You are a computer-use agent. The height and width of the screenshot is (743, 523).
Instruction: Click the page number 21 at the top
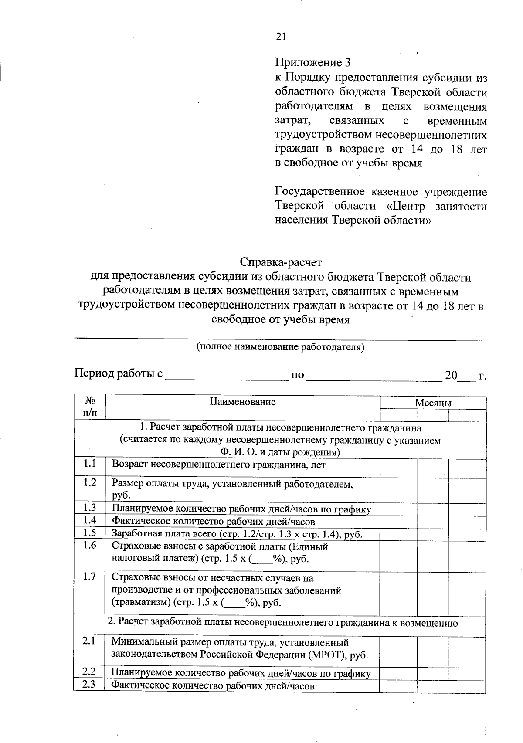coord(281,37)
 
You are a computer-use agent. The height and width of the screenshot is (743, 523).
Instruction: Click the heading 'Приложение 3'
coord(312,62)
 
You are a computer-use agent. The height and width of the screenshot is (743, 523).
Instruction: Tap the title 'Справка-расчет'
coord(281,262)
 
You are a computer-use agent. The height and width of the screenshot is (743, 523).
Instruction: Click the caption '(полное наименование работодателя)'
coord(280,347)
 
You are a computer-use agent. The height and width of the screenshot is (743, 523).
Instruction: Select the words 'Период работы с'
coord(119,373)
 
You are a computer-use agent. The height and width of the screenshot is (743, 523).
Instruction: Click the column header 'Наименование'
coord(243,402)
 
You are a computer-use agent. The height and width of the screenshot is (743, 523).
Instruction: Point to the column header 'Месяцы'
coord(433,403)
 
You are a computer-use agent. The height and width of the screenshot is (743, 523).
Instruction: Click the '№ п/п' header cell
coord(89,406)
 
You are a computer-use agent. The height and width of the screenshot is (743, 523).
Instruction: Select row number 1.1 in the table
coord(90,464)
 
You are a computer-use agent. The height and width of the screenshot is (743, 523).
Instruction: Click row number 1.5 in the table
coord(90,532)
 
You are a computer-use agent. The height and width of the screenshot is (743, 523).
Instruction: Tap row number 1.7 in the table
coord(90,577)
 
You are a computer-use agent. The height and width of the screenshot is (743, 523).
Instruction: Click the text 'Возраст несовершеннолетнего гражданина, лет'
coord(219,465)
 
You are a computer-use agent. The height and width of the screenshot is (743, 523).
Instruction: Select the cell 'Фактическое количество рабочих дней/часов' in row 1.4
coord(214,521)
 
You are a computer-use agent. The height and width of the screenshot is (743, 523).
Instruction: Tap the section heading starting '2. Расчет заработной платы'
coord(282,623)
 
